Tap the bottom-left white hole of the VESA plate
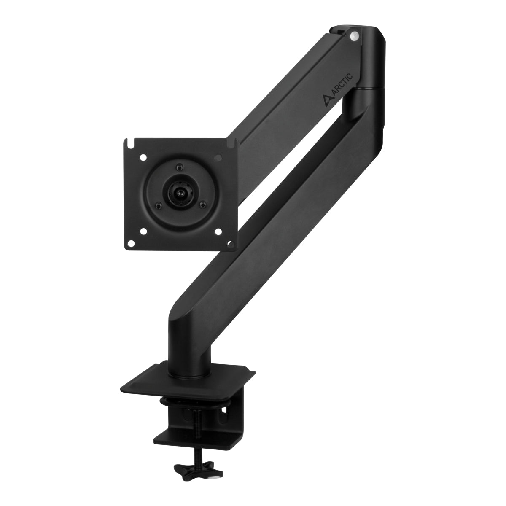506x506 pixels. tap(143, 231)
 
